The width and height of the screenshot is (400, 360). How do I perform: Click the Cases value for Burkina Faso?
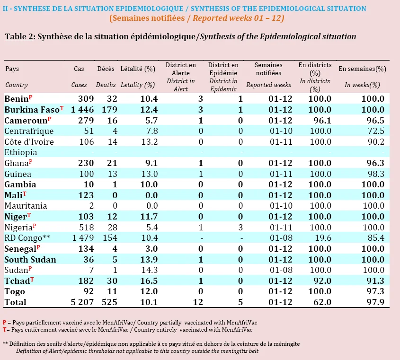[x=82, y=110]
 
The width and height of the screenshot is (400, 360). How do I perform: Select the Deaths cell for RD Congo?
[x=110, y=238]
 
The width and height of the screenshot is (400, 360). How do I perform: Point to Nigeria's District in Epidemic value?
[x=240, y=227]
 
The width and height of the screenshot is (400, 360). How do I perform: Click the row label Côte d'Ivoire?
[x=29, y=142]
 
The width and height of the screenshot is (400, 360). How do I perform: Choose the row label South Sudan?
[x=30, y=260]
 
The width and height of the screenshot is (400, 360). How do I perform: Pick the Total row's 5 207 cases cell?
[x=82, y=302]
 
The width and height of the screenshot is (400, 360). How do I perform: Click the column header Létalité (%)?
[x=138, y=69]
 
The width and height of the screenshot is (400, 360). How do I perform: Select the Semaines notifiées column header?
[x=268, y=69]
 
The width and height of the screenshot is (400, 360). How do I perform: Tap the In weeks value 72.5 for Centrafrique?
[x=376, y=131]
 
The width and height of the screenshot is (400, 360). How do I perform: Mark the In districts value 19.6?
[x=323, y=238]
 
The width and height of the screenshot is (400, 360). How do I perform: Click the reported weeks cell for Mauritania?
[x=281, y=206]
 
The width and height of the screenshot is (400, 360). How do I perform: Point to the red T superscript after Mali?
[x=25, y=194]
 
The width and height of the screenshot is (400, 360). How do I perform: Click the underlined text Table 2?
[x=19, y=37]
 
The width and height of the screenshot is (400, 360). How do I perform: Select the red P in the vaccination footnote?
[x=4, y=323]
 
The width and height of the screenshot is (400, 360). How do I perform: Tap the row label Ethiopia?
[x=21, y=152]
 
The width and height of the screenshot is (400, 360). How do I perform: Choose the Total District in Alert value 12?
[x=198, y=302]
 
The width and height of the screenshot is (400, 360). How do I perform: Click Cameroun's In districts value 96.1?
[x=322, y=120]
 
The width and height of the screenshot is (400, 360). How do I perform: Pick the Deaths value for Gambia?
[x=115, y=184]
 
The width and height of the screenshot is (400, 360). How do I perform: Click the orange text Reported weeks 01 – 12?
[x=238, y=18]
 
